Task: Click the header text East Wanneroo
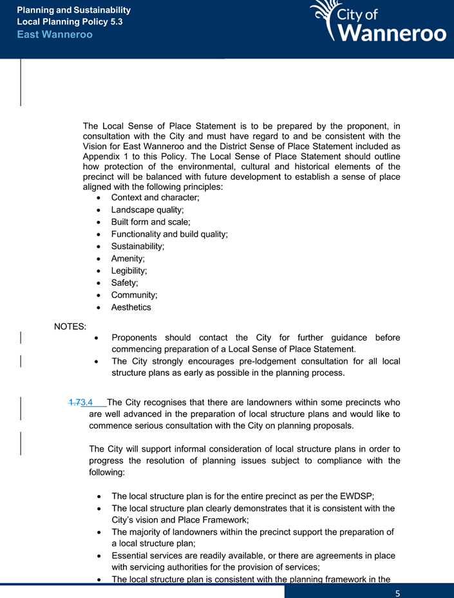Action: tap(55, 34)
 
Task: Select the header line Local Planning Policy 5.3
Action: tap(70, 22)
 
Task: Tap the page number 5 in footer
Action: tap(398, 592)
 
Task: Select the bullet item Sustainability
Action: tap(137, 247)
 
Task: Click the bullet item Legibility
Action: tap(129, 271)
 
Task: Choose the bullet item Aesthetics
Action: tap(131, 307)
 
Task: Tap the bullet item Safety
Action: tap(124, 283)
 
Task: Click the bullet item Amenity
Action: tap(128, 259)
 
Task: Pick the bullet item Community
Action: tap(134, 295)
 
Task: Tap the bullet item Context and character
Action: tap(155, 198)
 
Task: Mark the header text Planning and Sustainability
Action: tap(73, 10)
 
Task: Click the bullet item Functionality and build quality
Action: tap(169, 234)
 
